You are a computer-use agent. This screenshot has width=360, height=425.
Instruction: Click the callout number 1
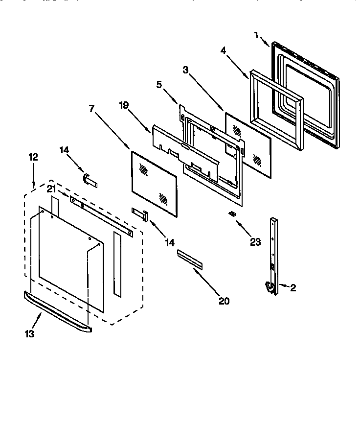tap(256, 35)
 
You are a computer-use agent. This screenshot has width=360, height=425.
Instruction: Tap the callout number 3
tap(185, 71)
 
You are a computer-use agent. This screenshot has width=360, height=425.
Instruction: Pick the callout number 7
tap(91, 109)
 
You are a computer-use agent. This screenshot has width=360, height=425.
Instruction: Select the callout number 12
tap(33, 157)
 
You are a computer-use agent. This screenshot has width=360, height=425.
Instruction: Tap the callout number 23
tap(255, 241)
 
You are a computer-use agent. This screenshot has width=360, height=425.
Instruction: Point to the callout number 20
tap(224, 301)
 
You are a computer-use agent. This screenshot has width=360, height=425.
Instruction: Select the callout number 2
tap(292, 288)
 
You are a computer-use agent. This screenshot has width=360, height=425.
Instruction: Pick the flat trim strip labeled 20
tap(190, 258)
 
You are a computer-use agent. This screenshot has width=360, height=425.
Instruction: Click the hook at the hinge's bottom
tap(269, 288)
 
